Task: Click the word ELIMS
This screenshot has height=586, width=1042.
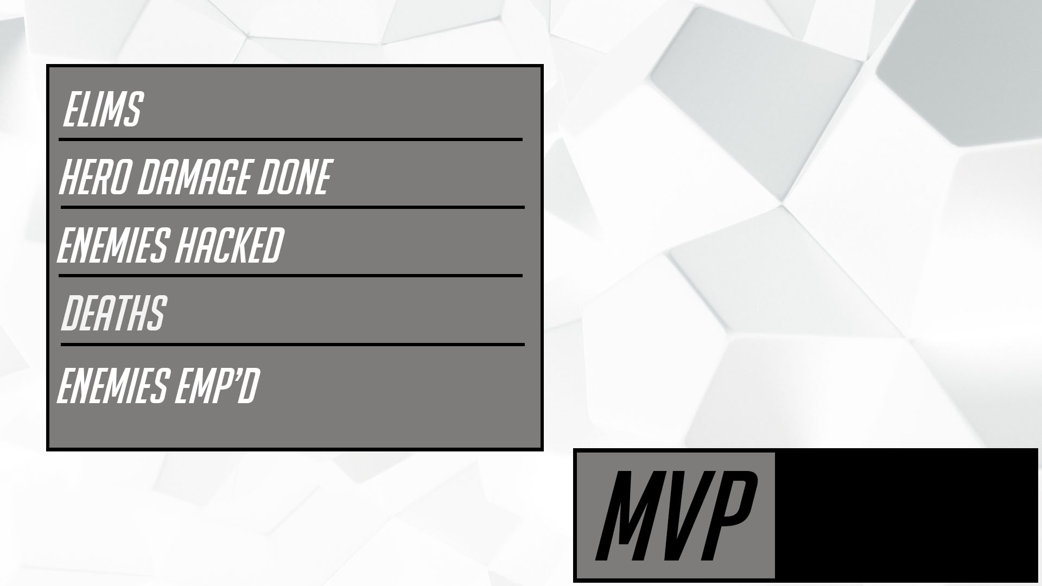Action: [x=103, y=110]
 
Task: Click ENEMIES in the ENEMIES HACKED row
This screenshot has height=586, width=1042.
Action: [x=112, y=245]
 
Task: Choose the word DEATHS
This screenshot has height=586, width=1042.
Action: [x=113, y=313]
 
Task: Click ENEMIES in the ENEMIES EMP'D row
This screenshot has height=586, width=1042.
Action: [x=112, y=385]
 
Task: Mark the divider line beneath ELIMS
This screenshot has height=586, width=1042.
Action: [x=290, y=139]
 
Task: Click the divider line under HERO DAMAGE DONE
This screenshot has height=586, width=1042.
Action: [x=293, y=207]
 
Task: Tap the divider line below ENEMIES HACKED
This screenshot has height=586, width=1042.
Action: [x=290, y=276]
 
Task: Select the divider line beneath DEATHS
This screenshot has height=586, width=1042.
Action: [x=293, y=344]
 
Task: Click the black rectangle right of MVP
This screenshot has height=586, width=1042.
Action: [x=906, y=515]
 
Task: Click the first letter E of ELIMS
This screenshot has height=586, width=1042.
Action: [x=71, y=110]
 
